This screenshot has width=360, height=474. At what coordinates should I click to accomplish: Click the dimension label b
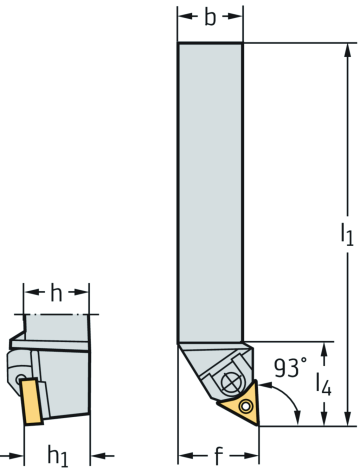(x=210, y=17)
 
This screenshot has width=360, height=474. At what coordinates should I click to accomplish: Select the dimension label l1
(x=347, y=234)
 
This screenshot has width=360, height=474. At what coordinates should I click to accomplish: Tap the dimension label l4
(x=323, y=384)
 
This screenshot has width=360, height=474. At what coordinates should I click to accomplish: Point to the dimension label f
(x=218, y=456)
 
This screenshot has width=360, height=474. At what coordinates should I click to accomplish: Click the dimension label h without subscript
(x=56, y=292)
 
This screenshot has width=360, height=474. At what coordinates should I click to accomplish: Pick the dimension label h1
(x=58, y=455)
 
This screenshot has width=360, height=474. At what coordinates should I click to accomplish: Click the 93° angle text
(x=290, y=368)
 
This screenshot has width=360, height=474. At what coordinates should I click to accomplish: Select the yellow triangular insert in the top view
(x=242, y=403)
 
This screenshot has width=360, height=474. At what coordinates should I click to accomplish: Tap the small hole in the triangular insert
(x=246, y=406)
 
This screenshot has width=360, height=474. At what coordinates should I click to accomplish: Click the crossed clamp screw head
(x=231, y=382)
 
